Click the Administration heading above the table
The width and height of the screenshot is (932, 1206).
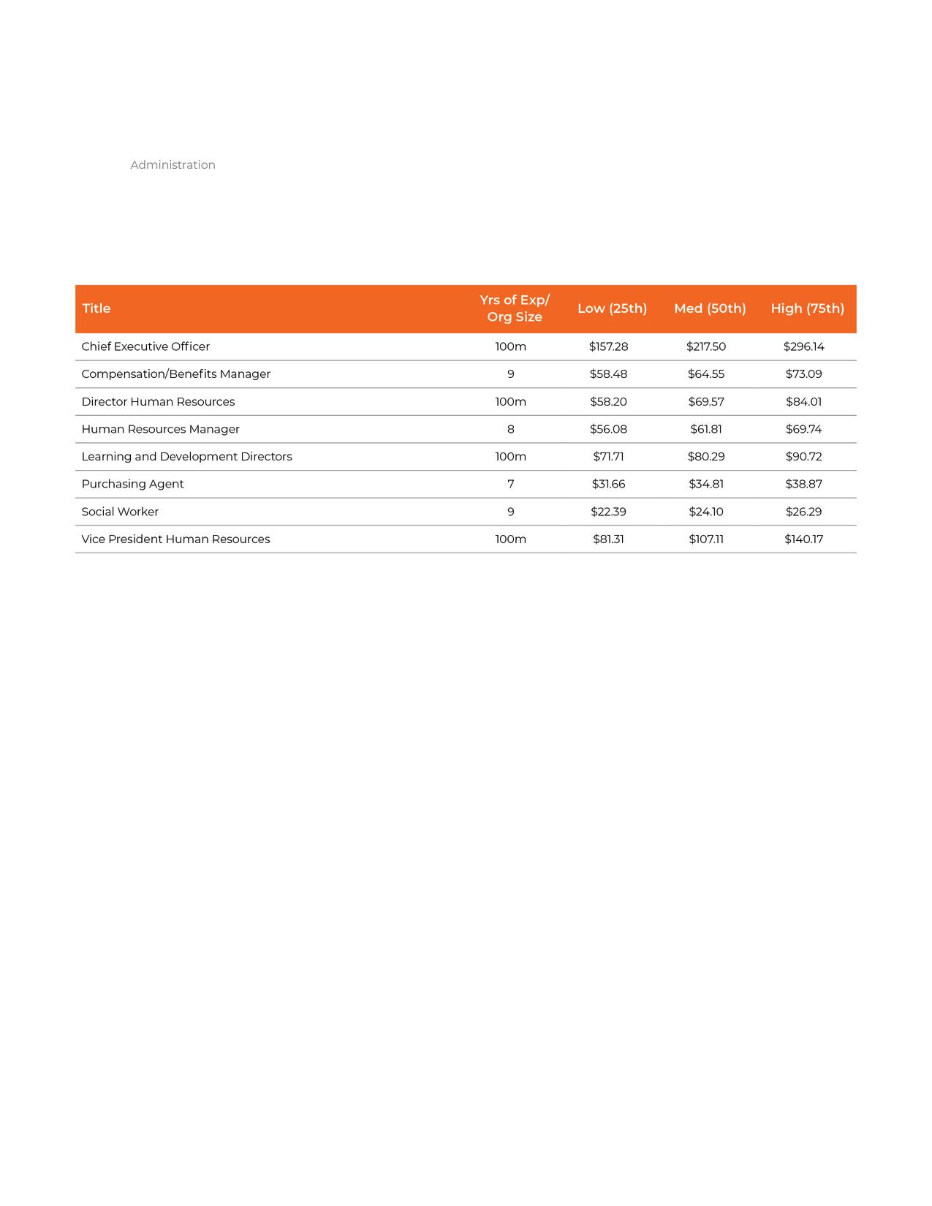click(173, 165)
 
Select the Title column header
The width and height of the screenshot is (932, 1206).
click(96, 308)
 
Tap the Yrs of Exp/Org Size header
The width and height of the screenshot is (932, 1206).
click(515, 308)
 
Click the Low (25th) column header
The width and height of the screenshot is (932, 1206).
click(612, 308)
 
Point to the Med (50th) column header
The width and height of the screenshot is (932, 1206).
click(710, 308)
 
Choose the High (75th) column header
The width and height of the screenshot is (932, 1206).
click(807, 308)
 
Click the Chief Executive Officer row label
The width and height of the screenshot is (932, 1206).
click(145, 346)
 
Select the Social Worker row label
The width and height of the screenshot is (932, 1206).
click(120, 512)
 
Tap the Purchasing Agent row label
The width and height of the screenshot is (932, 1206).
click(132, 484)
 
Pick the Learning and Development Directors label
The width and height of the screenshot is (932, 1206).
click(186, 457)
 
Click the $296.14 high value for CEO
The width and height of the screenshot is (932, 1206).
click(803, 346)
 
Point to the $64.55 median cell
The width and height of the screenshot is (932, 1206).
click(705, 374)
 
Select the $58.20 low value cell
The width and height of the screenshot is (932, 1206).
click(608, 402)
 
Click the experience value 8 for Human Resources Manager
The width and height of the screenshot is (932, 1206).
click(510, 429)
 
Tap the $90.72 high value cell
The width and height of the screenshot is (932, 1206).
click(803, 457)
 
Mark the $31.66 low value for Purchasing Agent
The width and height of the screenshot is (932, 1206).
click(608, 484)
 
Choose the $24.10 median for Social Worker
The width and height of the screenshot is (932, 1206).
click(705, 512)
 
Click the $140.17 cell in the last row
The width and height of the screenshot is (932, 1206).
click(803, 539)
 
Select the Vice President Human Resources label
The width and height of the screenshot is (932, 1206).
click(175, 539)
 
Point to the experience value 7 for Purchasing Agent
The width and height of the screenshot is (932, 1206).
click(510, 484)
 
